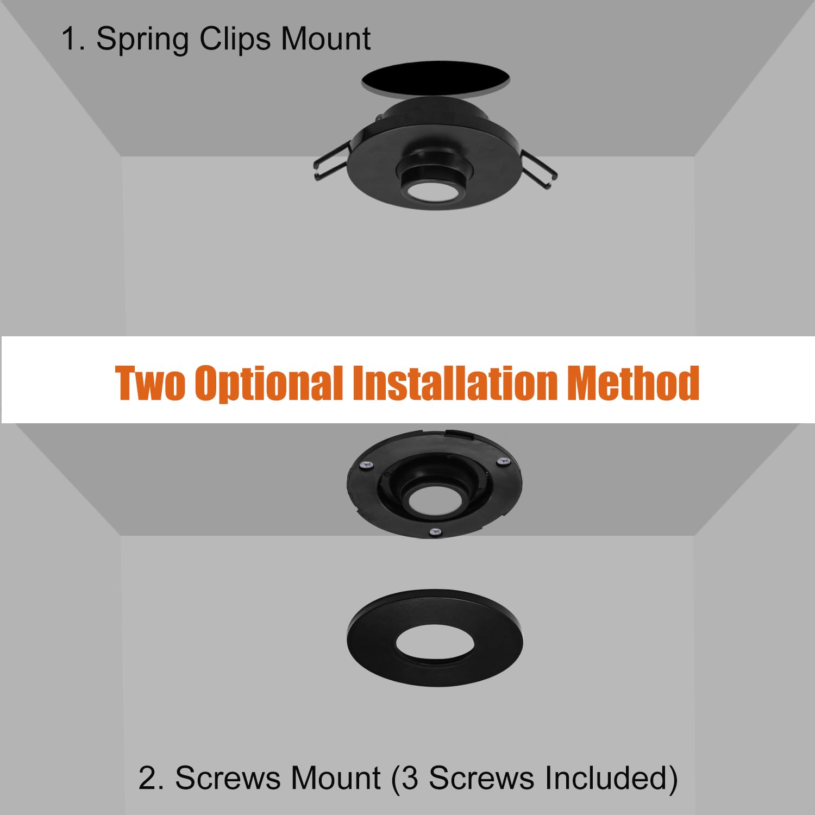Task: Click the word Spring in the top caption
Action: pyautogui.click(x=142, y=40)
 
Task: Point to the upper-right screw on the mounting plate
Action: pyautogui.click(x=503, y=461)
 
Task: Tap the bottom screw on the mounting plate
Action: pyautogui.click(x=434, y=531)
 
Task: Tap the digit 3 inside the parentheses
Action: pyautogui.click(x=410, y=778)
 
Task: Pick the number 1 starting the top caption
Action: pyautogui.click(x=70, y=40)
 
